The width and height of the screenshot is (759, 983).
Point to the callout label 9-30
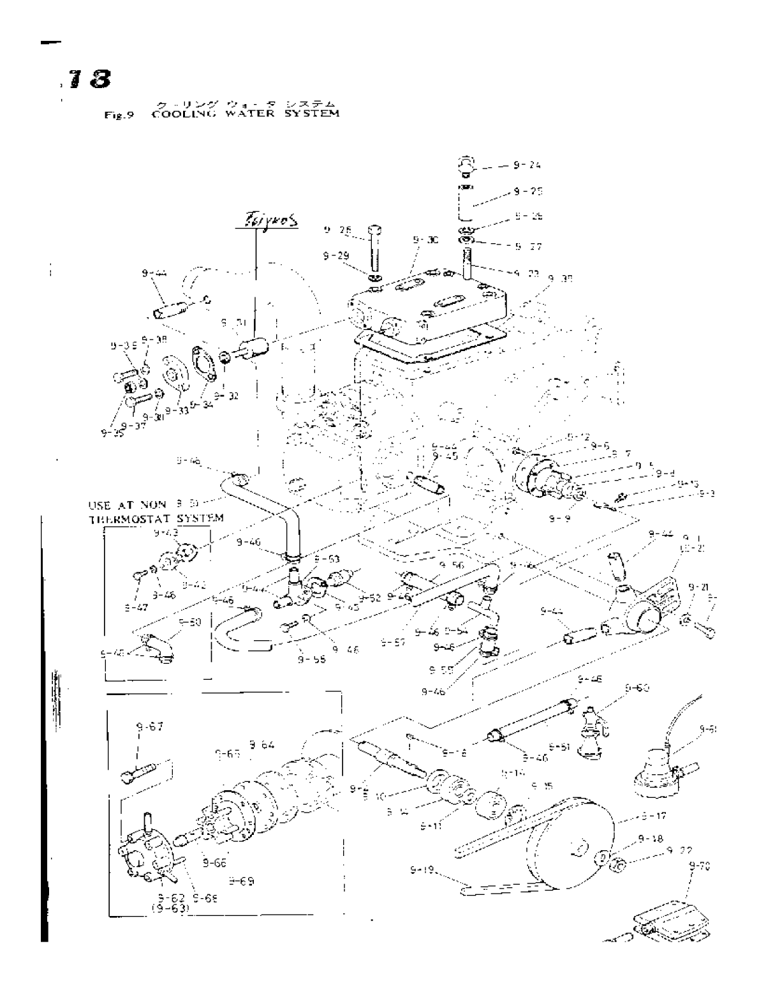(x=425, y=241)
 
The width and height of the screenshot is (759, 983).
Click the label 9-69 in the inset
(x=243, y=882)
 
